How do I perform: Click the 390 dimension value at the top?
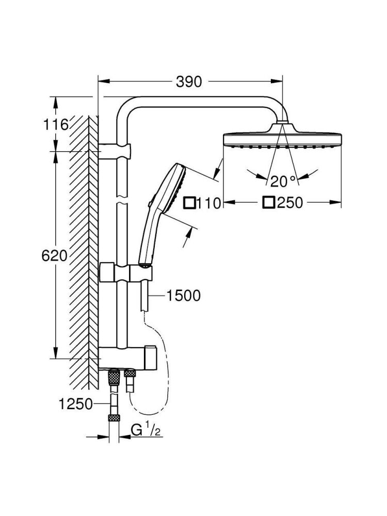tap(189, 82)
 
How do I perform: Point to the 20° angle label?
tap(283, 181)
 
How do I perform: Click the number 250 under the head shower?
tap(290, 203)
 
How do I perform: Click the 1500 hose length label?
tap(183, 296)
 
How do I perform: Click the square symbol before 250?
tap(268, 202)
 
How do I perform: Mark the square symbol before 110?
tap(189, 203)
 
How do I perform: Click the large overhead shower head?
tap(282, 139)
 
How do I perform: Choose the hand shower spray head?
tap(170, 186)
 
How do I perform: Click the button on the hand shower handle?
tap(150, 206)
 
